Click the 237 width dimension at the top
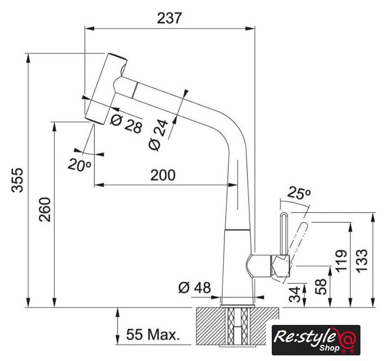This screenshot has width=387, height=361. (169, 18)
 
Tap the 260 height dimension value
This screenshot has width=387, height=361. (45, 209)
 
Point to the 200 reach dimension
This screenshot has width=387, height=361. (163, 175)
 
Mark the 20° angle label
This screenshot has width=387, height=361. (80, 165)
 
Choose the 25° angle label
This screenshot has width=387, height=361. (299, 194)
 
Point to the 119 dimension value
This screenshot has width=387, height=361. (341, 262)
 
